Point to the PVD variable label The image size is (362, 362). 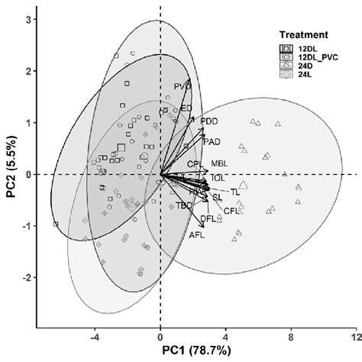[182, 86]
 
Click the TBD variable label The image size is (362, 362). [184, 206]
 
